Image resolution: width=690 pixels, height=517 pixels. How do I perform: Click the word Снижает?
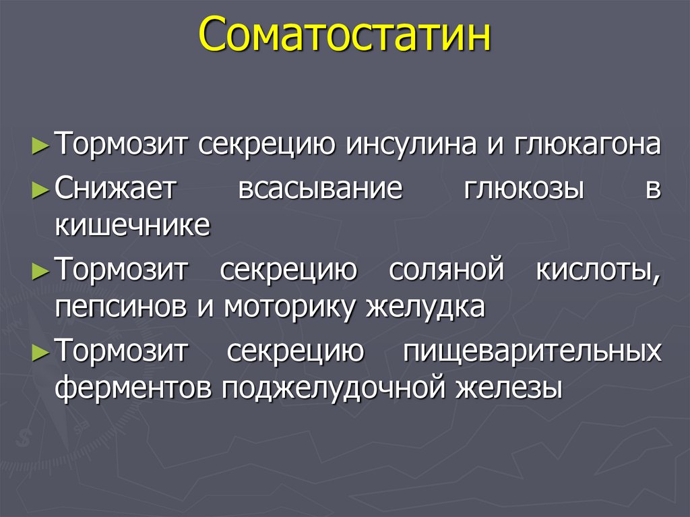pyautogui.click(x=115, y=189)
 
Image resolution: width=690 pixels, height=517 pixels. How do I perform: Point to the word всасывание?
pyautogui.click(x=320, y=189)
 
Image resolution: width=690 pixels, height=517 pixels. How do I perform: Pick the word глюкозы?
pyautogui.click(x=524, y=189)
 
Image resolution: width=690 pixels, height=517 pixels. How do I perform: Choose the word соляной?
pyautogui.click(x=445, y=270)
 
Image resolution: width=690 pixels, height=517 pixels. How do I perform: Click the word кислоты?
pyautogui.click(x=598, y=270)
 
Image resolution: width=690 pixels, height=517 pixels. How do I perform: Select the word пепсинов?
pyautogui.click(x=121, y=307)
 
